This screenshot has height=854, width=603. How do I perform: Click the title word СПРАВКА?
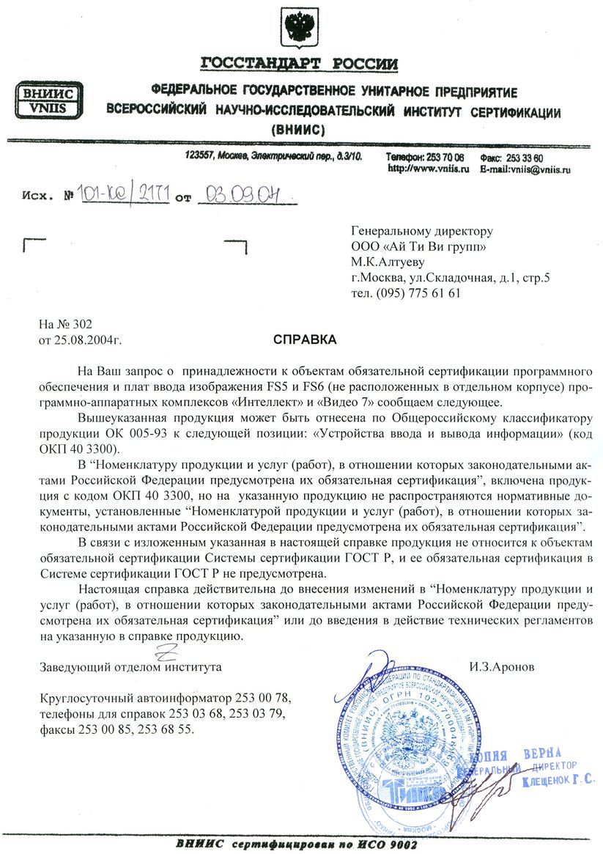click(305, 340)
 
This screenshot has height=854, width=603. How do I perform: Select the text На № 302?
click(67, 325)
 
